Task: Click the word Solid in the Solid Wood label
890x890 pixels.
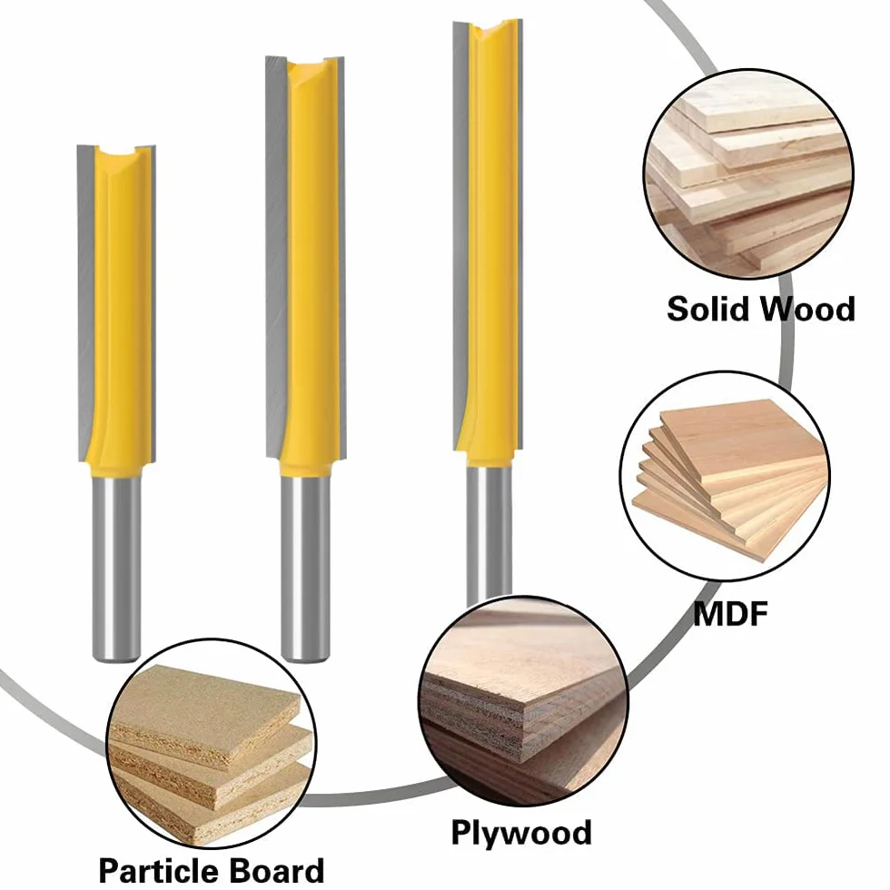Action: pyautogui.click(x=707, y=310)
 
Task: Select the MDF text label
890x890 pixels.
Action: pyautogui.click(x=730, y=613)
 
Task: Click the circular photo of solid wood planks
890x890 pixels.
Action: pyautogui.click(x=748, y=173)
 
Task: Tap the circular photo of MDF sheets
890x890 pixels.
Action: pyautogui.click(x=725, y=476)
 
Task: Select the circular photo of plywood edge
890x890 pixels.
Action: pyautogui.click(x=523, y=700)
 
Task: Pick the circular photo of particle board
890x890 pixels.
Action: pyautogui.click(x=211, y=744)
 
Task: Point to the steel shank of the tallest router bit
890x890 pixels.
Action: pyautogui.click(x=489, y=534)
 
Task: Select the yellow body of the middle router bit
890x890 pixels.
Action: pyautogui.click(x=311, y=267)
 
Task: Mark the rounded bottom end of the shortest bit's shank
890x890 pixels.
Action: pyautogui.click(x=116, y=658)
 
